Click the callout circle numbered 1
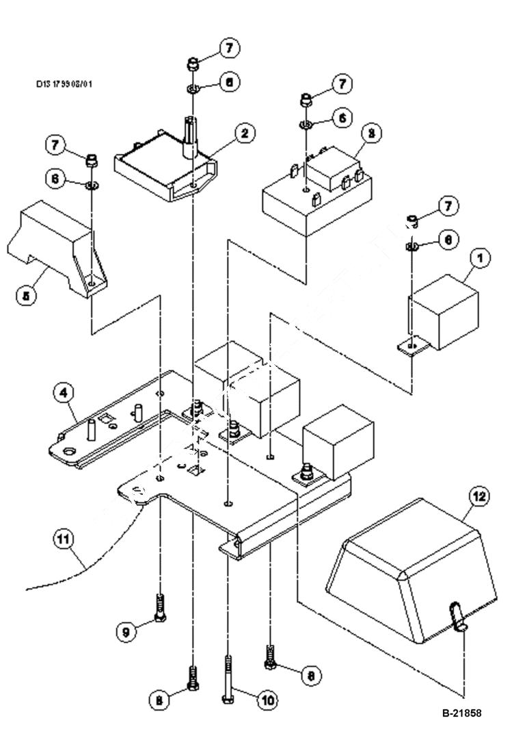[481, 258]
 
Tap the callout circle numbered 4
[63, 393]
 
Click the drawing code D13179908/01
[64, 84]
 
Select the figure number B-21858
[461, 713]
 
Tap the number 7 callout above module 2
[229, 49]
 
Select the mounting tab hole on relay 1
[410, 347]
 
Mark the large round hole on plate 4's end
[68, 451]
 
